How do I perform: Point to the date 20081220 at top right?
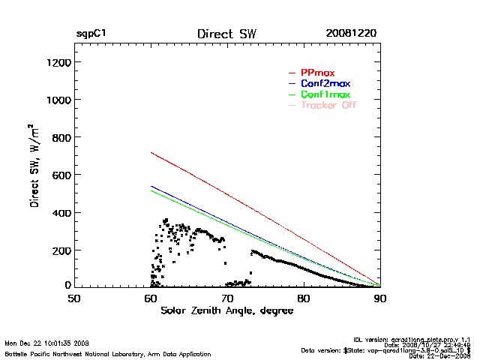click(x=351, y=34)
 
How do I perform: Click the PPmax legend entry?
click(x=317, y=73)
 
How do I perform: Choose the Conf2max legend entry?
click(x=325, y=83)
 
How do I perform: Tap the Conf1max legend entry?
click(x=325, y=94)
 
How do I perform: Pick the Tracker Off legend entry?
click(x=328, y=105)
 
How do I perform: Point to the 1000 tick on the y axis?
click(x=58, y=100)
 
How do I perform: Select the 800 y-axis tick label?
click(x=61, y=137)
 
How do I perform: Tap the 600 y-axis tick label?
click(x=61, y=175)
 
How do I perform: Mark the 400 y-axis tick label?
click(x=61, y=212)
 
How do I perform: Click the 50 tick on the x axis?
click(x=74, y=298)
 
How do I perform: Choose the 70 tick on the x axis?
click(x=227, y=298)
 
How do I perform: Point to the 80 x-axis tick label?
click(x=304, y=298)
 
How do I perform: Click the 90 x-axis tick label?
click(x=380, y=298)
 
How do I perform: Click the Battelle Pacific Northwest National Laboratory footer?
click(x=107, y=353)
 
